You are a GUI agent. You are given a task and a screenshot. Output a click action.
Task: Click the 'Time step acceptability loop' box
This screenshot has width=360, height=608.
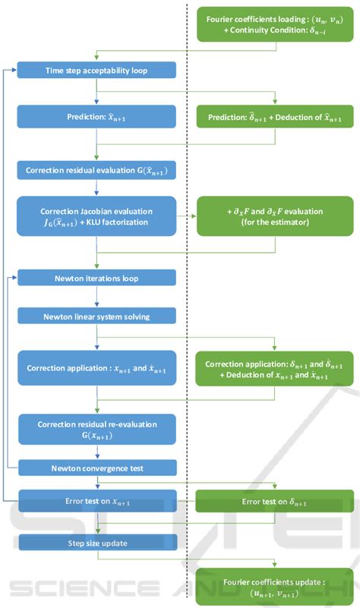click(x=97, y=71)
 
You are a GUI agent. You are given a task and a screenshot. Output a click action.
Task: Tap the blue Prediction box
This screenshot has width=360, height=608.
click(x=97, y=118)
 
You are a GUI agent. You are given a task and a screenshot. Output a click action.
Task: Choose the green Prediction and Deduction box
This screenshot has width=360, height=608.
click(x=275, y=118)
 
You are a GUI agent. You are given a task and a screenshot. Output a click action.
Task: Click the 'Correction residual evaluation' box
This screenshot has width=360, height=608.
click(x=97, y=170)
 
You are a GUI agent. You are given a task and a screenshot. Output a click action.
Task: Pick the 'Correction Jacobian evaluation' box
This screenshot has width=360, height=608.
click(x=97, y=216)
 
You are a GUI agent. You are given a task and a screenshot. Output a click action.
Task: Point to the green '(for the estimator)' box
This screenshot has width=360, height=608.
click(x=275, y=216)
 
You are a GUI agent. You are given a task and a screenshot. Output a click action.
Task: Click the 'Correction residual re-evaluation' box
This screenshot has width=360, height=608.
click(x=97, y=430)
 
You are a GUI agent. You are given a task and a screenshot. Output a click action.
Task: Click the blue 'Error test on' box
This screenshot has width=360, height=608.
click(x=97, y=502)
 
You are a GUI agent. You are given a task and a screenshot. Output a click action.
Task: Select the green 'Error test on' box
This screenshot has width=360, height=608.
click(x=275, y=502)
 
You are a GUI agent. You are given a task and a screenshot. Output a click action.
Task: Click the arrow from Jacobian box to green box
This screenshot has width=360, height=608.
click(x=186, y=216)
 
